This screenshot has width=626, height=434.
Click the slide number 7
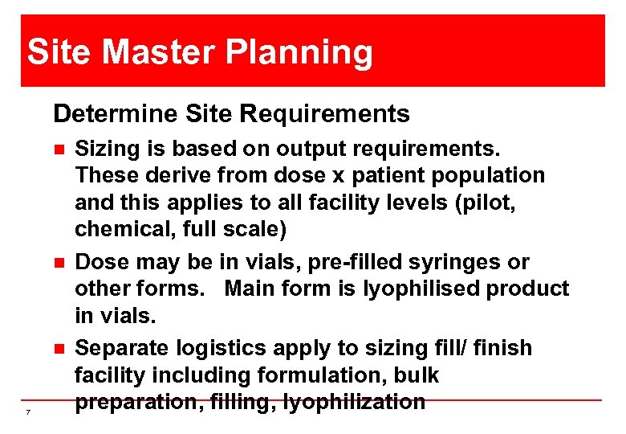click(28, 412)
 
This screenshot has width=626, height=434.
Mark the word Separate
click(123, 349)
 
